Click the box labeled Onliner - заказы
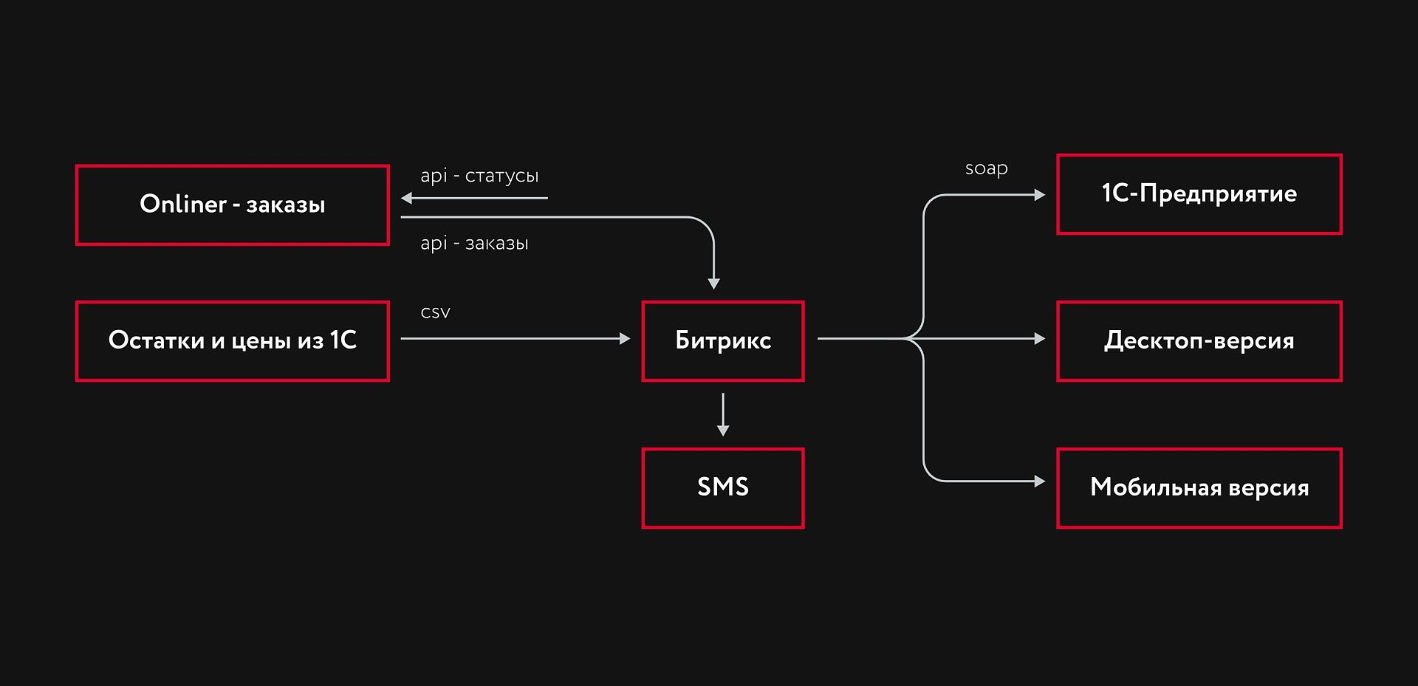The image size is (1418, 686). click(233, 205)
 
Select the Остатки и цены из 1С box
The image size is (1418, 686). click(233, 340)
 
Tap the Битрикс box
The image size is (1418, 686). click(723, 340)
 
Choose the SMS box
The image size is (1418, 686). click(723, 487)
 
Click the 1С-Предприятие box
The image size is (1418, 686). click(1199, 194)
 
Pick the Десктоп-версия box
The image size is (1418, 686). click(1199, 340)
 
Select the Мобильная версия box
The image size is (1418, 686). click(1199, 487)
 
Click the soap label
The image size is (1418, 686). click(987, 169)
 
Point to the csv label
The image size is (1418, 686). click(436, 312)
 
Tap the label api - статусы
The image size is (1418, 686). click(479, 176)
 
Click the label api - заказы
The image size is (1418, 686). click(474, 243)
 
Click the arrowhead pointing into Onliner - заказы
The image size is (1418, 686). click(406, 198)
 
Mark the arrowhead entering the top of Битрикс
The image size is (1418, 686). click(713, 284)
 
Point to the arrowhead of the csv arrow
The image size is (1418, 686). click(625, 338)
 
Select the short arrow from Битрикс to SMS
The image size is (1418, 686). click(723, 414)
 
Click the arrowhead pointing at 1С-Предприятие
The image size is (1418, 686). click(1040, 195)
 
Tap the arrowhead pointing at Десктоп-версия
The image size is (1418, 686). click(1040, 338)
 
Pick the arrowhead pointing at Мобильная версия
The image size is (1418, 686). click(1040, 481)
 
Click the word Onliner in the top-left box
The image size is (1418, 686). click(183, 204)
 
